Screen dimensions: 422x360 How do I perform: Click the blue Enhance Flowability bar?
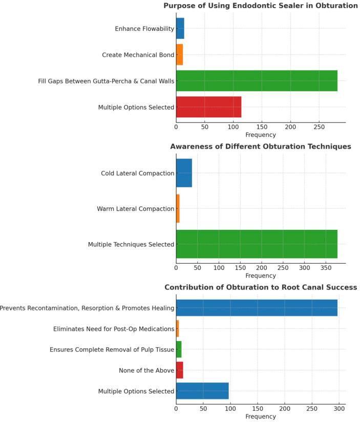(x=180, y=29)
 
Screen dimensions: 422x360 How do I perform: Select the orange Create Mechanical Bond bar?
(x=179, y=55)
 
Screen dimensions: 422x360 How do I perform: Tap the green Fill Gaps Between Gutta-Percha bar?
(x=257, y=81)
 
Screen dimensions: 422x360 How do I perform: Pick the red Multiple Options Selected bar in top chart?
(x=208, y=107)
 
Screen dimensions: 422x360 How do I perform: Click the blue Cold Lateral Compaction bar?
(x=184, y=173)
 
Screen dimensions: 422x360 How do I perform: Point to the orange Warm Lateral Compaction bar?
(x=178, y=208)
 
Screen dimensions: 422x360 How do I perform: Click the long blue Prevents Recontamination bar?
(x=257, y=308)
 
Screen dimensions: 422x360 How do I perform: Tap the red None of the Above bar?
(x=179, y=370)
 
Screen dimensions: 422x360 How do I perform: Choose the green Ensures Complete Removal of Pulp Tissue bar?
(x=179, y=349)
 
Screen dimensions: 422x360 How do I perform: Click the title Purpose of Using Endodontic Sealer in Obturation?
(x=261, y=6)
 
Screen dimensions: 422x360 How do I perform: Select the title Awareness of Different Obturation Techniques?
(x=261, y=146)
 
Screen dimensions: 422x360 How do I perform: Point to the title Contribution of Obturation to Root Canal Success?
(x=261, y=287)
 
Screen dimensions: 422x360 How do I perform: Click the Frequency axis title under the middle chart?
(x=261, y=276)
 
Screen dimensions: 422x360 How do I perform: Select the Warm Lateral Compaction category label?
(x=136, y=209)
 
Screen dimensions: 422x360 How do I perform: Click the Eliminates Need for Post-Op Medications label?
(x=114, y=329)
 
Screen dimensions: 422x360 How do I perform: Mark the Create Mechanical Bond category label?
(x=138, y=55)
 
